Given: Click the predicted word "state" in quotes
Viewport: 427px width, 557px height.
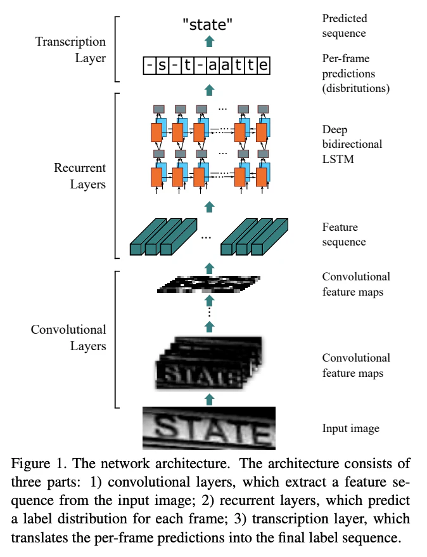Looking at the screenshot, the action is point(207,25).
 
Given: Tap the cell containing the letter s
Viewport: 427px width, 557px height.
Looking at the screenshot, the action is point(162,65).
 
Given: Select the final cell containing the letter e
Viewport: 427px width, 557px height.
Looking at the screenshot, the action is point(263,65).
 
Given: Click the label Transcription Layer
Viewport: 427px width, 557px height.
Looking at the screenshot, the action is point(70,49).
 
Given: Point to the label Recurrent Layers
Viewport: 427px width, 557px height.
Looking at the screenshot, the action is point(80,176).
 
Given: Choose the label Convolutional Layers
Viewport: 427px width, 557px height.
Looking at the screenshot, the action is point(68,337).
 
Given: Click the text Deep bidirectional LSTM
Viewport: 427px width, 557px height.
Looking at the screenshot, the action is point(352,144).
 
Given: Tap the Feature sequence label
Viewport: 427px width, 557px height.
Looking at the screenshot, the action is point(343,234).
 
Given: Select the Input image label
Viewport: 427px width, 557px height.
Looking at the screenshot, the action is point(351,428).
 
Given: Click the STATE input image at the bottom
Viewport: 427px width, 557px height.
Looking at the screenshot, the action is point(209,428).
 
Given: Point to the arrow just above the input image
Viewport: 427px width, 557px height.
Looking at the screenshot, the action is point(210,399).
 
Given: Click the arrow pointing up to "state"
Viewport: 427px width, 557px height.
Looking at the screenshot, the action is point(210,41).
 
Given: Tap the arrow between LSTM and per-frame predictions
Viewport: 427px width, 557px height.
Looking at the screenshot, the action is point(210,90).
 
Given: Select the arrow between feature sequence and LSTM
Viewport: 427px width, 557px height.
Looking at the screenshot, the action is point(210,207).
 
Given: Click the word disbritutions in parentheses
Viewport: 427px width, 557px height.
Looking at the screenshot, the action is point(355,88).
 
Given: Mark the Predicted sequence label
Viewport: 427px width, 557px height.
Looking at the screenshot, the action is point(345,25).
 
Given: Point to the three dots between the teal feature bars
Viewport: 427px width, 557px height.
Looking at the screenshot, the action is point(206,238).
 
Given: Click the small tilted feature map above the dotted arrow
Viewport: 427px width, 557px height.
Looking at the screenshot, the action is point(208,284).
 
